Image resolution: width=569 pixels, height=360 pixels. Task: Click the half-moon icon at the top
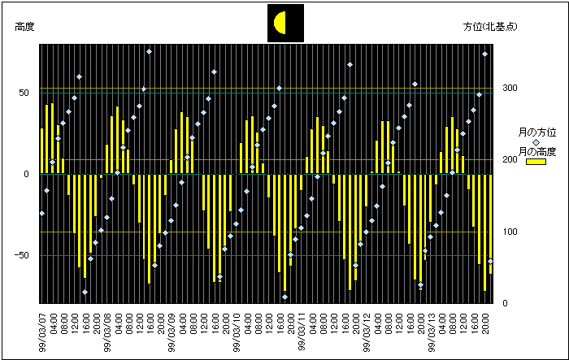[285, 23]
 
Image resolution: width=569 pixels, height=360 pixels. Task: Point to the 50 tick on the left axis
[25, 93]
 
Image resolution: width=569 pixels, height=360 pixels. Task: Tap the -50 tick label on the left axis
[23, 255]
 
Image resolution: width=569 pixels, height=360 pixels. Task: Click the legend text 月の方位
[537, 132]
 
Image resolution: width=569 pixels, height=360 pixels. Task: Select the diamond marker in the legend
[536, 142]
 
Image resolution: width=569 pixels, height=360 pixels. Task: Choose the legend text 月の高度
[537, 152]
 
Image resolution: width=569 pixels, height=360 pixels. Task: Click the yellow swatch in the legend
[536, 162]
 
